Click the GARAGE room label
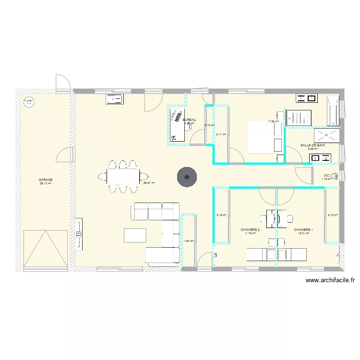pyautogui.click(x=46, y=180)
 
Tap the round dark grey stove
pyautogui.click(x=187, y=177)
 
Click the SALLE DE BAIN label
pyautogui.click(x=312, y=145)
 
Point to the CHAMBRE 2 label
pyautogui.click(x=250, y=230)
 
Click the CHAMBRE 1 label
pyautogui.click(x=303, y=230)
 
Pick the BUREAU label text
pyautogui.click(x=189, y=120)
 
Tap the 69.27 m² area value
pyautogui.click(x=148, y=183)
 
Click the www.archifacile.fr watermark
pyautogui.click(x=330, y=281)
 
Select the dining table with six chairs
pyautogui.click(x=122, y=177)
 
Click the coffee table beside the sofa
pyautogui.click(x=135, y=235)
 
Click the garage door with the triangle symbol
pyautogui.click(x=46, y=247)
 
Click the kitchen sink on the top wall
pyautogui.click(x=115, y=99)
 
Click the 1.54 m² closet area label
pyautogui.click(x=188, y=241)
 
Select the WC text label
pyautogui.click(x=326, y=176)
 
